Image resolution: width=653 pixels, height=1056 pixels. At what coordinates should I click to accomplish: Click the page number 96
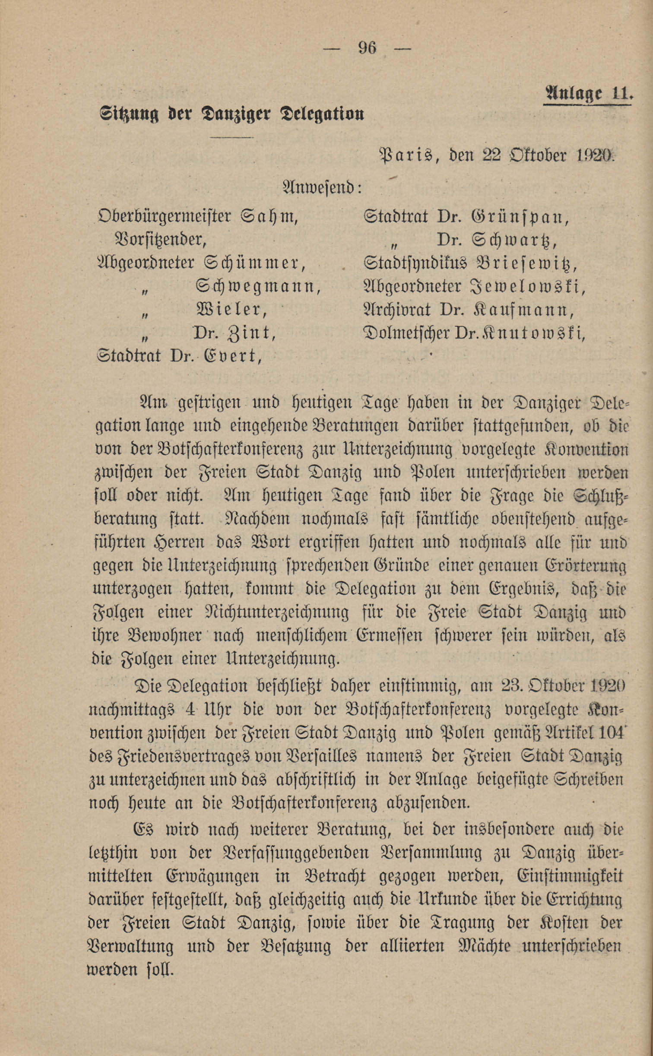point(367,47)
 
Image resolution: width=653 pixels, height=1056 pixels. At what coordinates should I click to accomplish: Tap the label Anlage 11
point(587,93)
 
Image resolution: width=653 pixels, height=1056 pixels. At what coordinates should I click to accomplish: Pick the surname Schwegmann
point(258,286)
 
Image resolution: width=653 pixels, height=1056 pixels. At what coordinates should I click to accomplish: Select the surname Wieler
point(229,309)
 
